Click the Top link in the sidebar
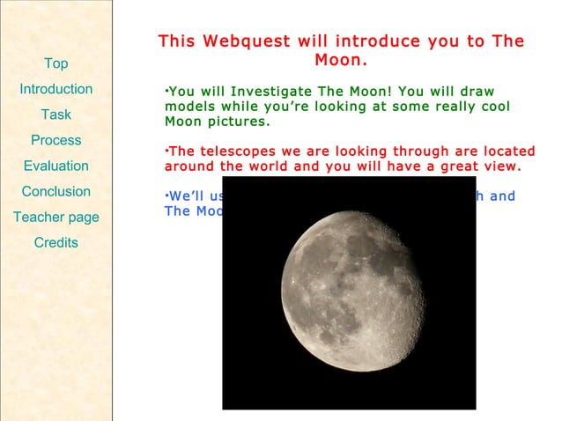pos(55,63)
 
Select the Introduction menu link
pos(55,89)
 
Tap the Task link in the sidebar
pos(55,114)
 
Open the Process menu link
pos(55,140)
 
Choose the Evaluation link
pos(55,166)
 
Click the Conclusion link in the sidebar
pos(55,191)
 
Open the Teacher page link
pos(55,217)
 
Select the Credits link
pos(55,242)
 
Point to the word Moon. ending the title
pos(341,62)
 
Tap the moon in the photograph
pos(352,290)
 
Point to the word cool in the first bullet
pos(493,107)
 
